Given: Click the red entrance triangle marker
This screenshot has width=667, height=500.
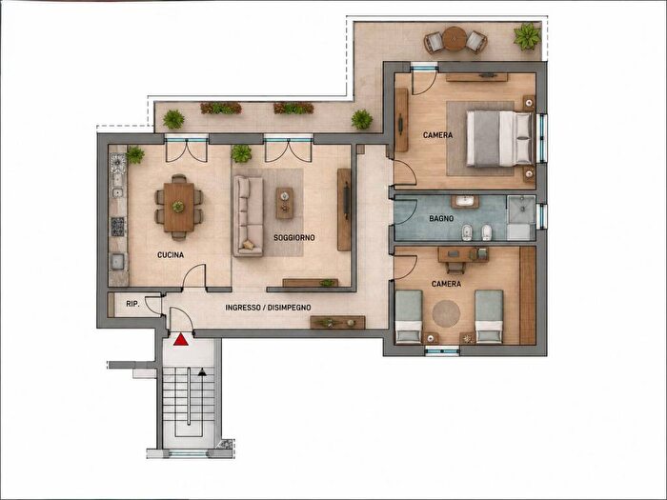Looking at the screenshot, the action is coord(181,339).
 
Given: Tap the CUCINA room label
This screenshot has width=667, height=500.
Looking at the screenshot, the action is coord(171,255).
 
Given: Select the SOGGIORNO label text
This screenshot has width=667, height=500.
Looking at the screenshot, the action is coord(293,238).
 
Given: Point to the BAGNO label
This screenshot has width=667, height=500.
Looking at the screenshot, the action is coord(441,219).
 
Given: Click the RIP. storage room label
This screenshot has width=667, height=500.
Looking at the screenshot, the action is coord(132,304).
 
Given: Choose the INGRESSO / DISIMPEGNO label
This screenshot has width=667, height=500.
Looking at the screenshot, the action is coord(268,308).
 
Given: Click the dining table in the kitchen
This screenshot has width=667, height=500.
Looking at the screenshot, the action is coord(179,207).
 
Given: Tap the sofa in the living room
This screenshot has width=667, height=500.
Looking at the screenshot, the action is coord(248,216).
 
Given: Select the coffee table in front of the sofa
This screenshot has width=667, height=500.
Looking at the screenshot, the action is coord(285,203).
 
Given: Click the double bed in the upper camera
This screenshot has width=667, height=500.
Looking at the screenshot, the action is coord(500,138).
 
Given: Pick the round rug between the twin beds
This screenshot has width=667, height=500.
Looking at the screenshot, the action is coord(446,314).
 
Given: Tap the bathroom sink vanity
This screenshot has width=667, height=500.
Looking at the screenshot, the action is coord(465,202).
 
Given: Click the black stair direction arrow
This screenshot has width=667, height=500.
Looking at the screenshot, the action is coord(202,372).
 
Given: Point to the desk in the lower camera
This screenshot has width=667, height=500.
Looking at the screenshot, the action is coord(463,254).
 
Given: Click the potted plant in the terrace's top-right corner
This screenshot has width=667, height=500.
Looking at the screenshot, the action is coord(528,36).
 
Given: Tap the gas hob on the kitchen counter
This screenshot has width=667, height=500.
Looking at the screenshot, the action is coord(118,227).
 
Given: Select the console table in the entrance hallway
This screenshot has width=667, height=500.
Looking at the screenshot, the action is coord(337,322).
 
